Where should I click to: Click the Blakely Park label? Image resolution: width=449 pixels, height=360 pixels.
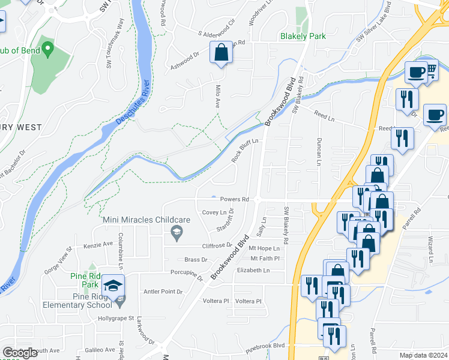[303, 36]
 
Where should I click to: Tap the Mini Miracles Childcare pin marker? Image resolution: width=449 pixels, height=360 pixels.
[176, 233]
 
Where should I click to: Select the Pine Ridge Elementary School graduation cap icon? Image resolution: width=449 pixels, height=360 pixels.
[113, 286]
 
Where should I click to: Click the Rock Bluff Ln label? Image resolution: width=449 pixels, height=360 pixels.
[245, 150]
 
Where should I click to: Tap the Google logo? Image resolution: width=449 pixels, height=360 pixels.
[20, 353]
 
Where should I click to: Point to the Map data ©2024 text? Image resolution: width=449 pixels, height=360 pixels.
[423, 355]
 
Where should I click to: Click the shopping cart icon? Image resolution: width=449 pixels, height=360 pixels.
[430, 72]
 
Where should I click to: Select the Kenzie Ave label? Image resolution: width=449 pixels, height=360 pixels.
[98, 245]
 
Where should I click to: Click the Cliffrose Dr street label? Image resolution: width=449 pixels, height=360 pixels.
[217, 245]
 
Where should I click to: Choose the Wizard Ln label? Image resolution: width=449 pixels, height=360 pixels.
[431, 243]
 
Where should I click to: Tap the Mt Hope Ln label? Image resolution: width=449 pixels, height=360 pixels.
[265, 248]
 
